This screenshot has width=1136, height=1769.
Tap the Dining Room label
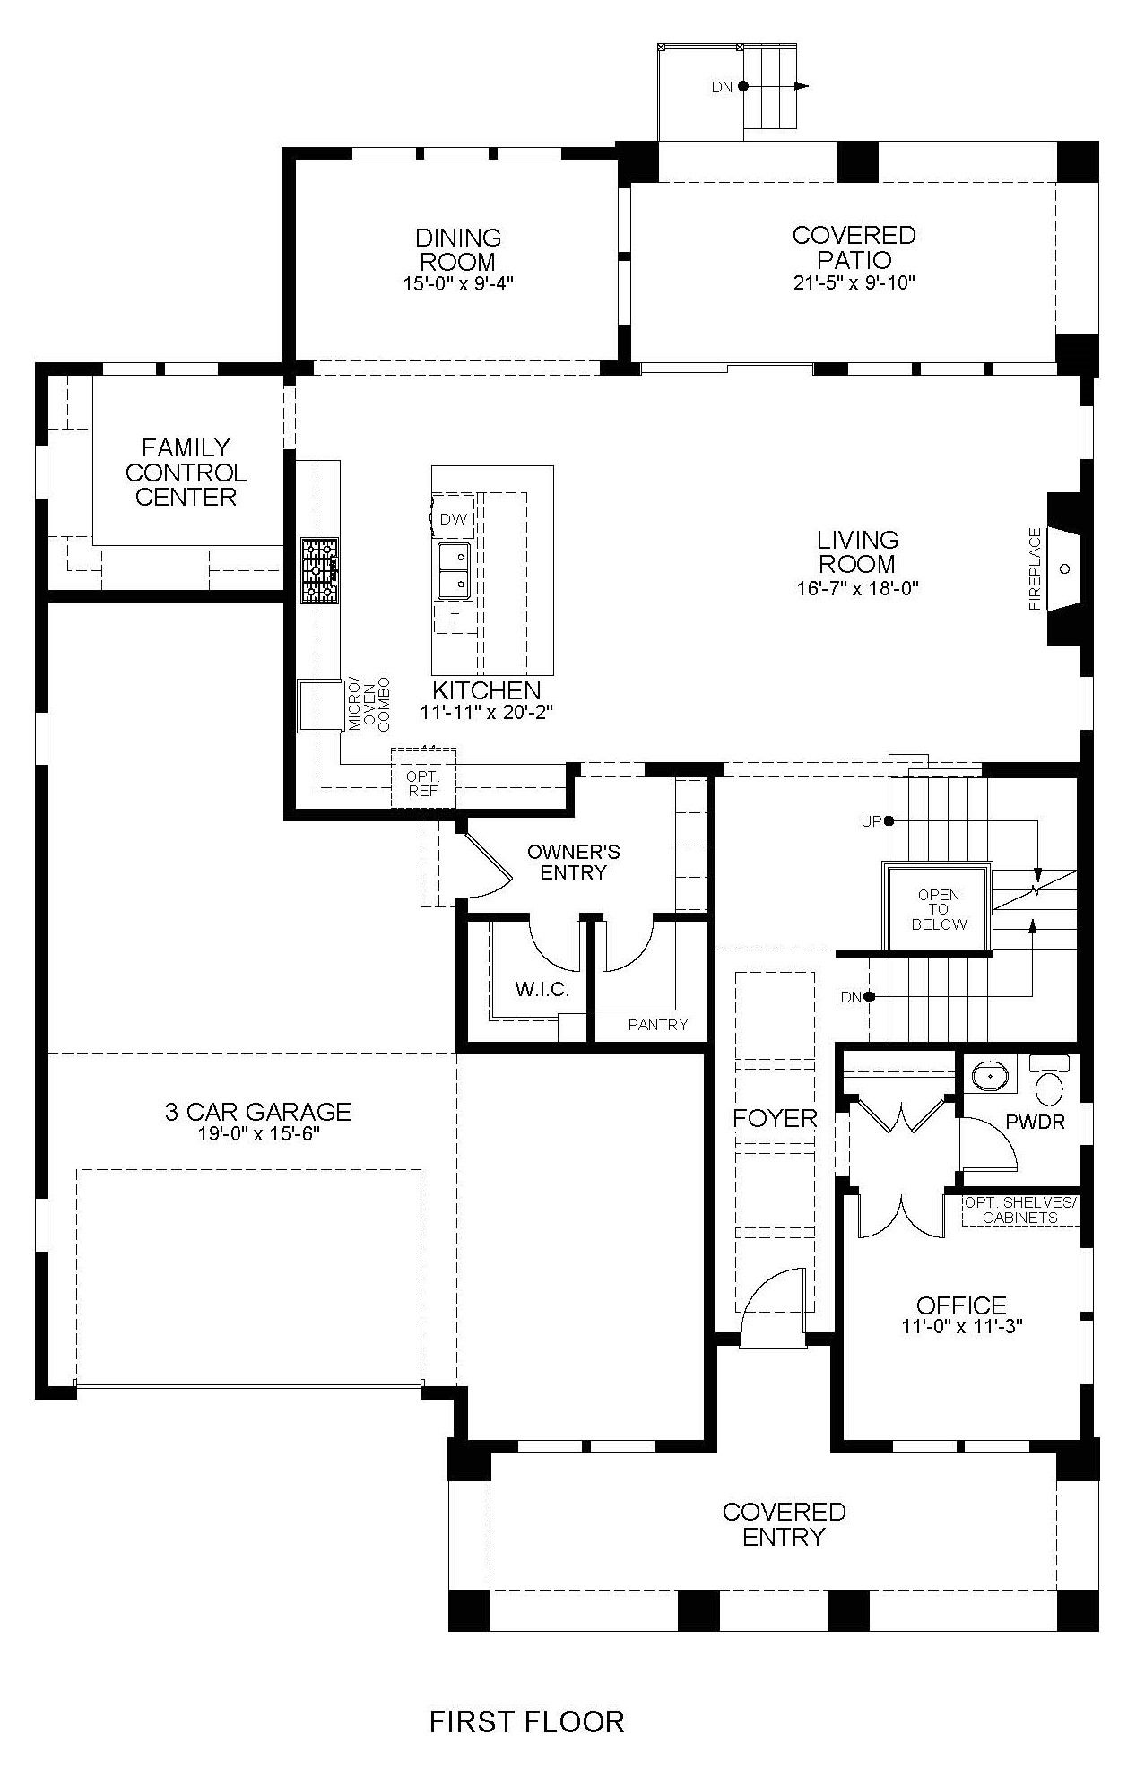[458, 250]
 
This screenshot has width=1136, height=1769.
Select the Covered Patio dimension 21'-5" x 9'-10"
[854, 283]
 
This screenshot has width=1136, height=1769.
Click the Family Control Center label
[186, 473]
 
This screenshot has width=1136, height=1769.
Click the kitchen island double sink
[454, 571]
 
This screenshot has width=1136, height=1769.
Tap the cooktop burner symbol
[320, 570]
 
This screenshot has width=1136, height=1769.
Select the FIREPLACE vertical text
[1036, 569]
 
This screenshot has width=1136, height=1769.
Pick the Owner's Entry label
[573, 862]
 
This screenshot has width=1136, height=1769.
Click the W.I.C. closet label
[542, 990]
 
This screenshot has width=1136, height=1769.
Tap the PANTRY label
[657, 1025]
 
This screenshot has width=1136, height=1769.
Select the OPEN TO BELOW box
[938, 906]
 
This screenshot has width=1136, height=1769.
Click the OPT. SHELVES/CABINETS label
[1019, 1210]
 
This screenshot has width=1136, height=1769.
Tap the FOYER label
[775, 1118]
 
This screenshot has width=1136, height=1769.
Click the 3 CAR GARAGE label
[257, 1112]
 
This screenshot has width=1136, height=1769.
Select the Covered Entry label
[784, 1524]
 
